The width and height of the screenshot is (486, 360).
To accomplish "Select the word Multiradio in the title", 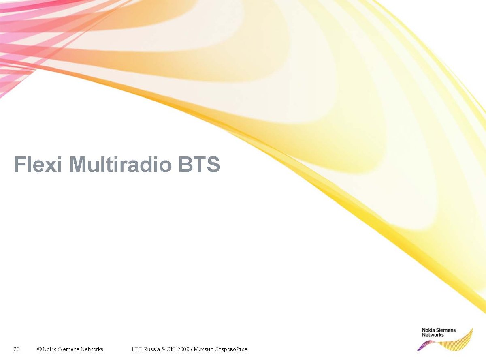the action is pyautogui.click(x=120, y=164).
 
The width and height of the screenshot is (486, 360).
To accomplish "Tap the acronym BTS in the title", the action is pyautogui.click(x=199, y=164).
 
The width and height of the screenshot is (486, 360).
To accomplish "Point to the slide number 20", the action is pyautogui.click(x=17, y=349).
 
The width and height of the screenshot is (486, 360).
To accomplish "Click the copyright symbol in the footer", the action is pyautogui.click(x=39, y=349).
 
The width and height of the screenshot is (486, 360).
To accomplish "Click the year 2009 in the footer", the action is pyautogui.click(x=183, y=349).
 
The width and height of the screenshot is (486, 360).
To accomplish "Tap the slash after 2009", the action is pyautogui.click(x=192, y=349).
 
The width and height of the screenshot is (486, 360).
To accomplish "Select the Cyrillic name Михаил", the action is pyautogui.click(x=204, y=349).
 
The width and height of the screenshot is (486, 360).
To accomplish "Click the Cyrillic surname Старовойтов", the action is pyautogui.click(x=231, y=349).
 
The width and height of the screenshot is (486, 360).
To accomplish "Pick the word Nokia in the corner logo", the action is pyautogui.click(x=428, y=330).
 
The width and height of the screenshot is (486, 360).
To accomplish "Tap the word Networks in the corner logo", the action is pyautogui.click(x=433, y=335).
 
